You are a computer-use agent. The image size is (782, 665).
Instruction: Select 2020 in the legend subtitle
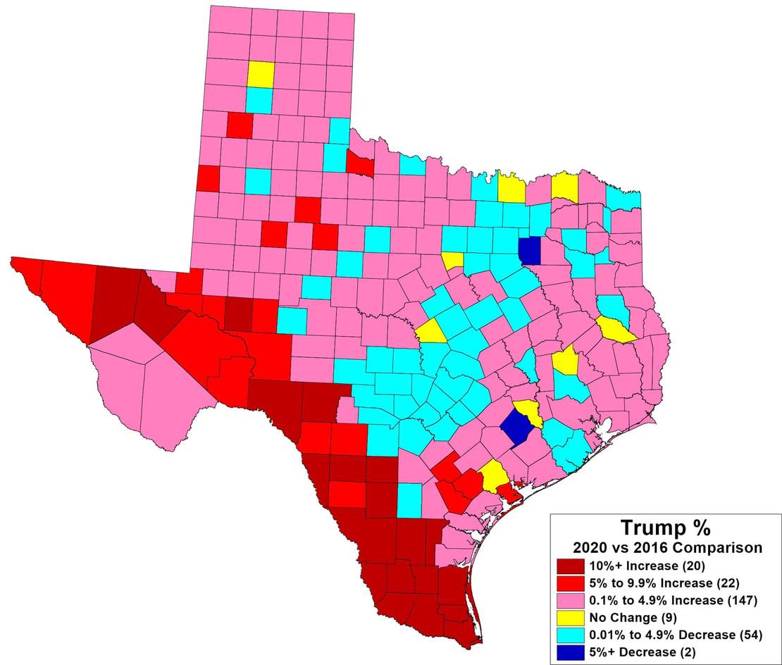point(592,547)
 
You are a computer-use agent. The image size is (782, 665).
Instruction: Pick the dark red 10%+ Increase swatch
point(569,566)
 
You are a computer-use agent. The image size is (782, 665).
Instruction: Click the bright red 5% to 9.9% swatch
point(569,583)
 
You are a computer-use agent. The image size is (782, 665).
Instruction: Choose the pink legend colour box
point(569,601)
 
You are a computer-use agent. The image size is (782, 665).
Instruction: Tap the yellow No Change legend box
point(569,618)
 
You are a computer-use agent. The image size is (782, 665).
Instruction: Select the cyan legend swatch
point(569,635)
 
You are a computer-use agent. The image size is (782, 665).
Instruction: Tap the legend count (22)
point(729,583)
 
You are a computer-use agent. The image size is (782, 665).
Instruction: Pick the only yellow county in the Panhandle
point(260,74)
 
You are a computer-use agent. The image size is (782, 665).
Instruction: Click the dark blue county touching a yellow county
point(517,427)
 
